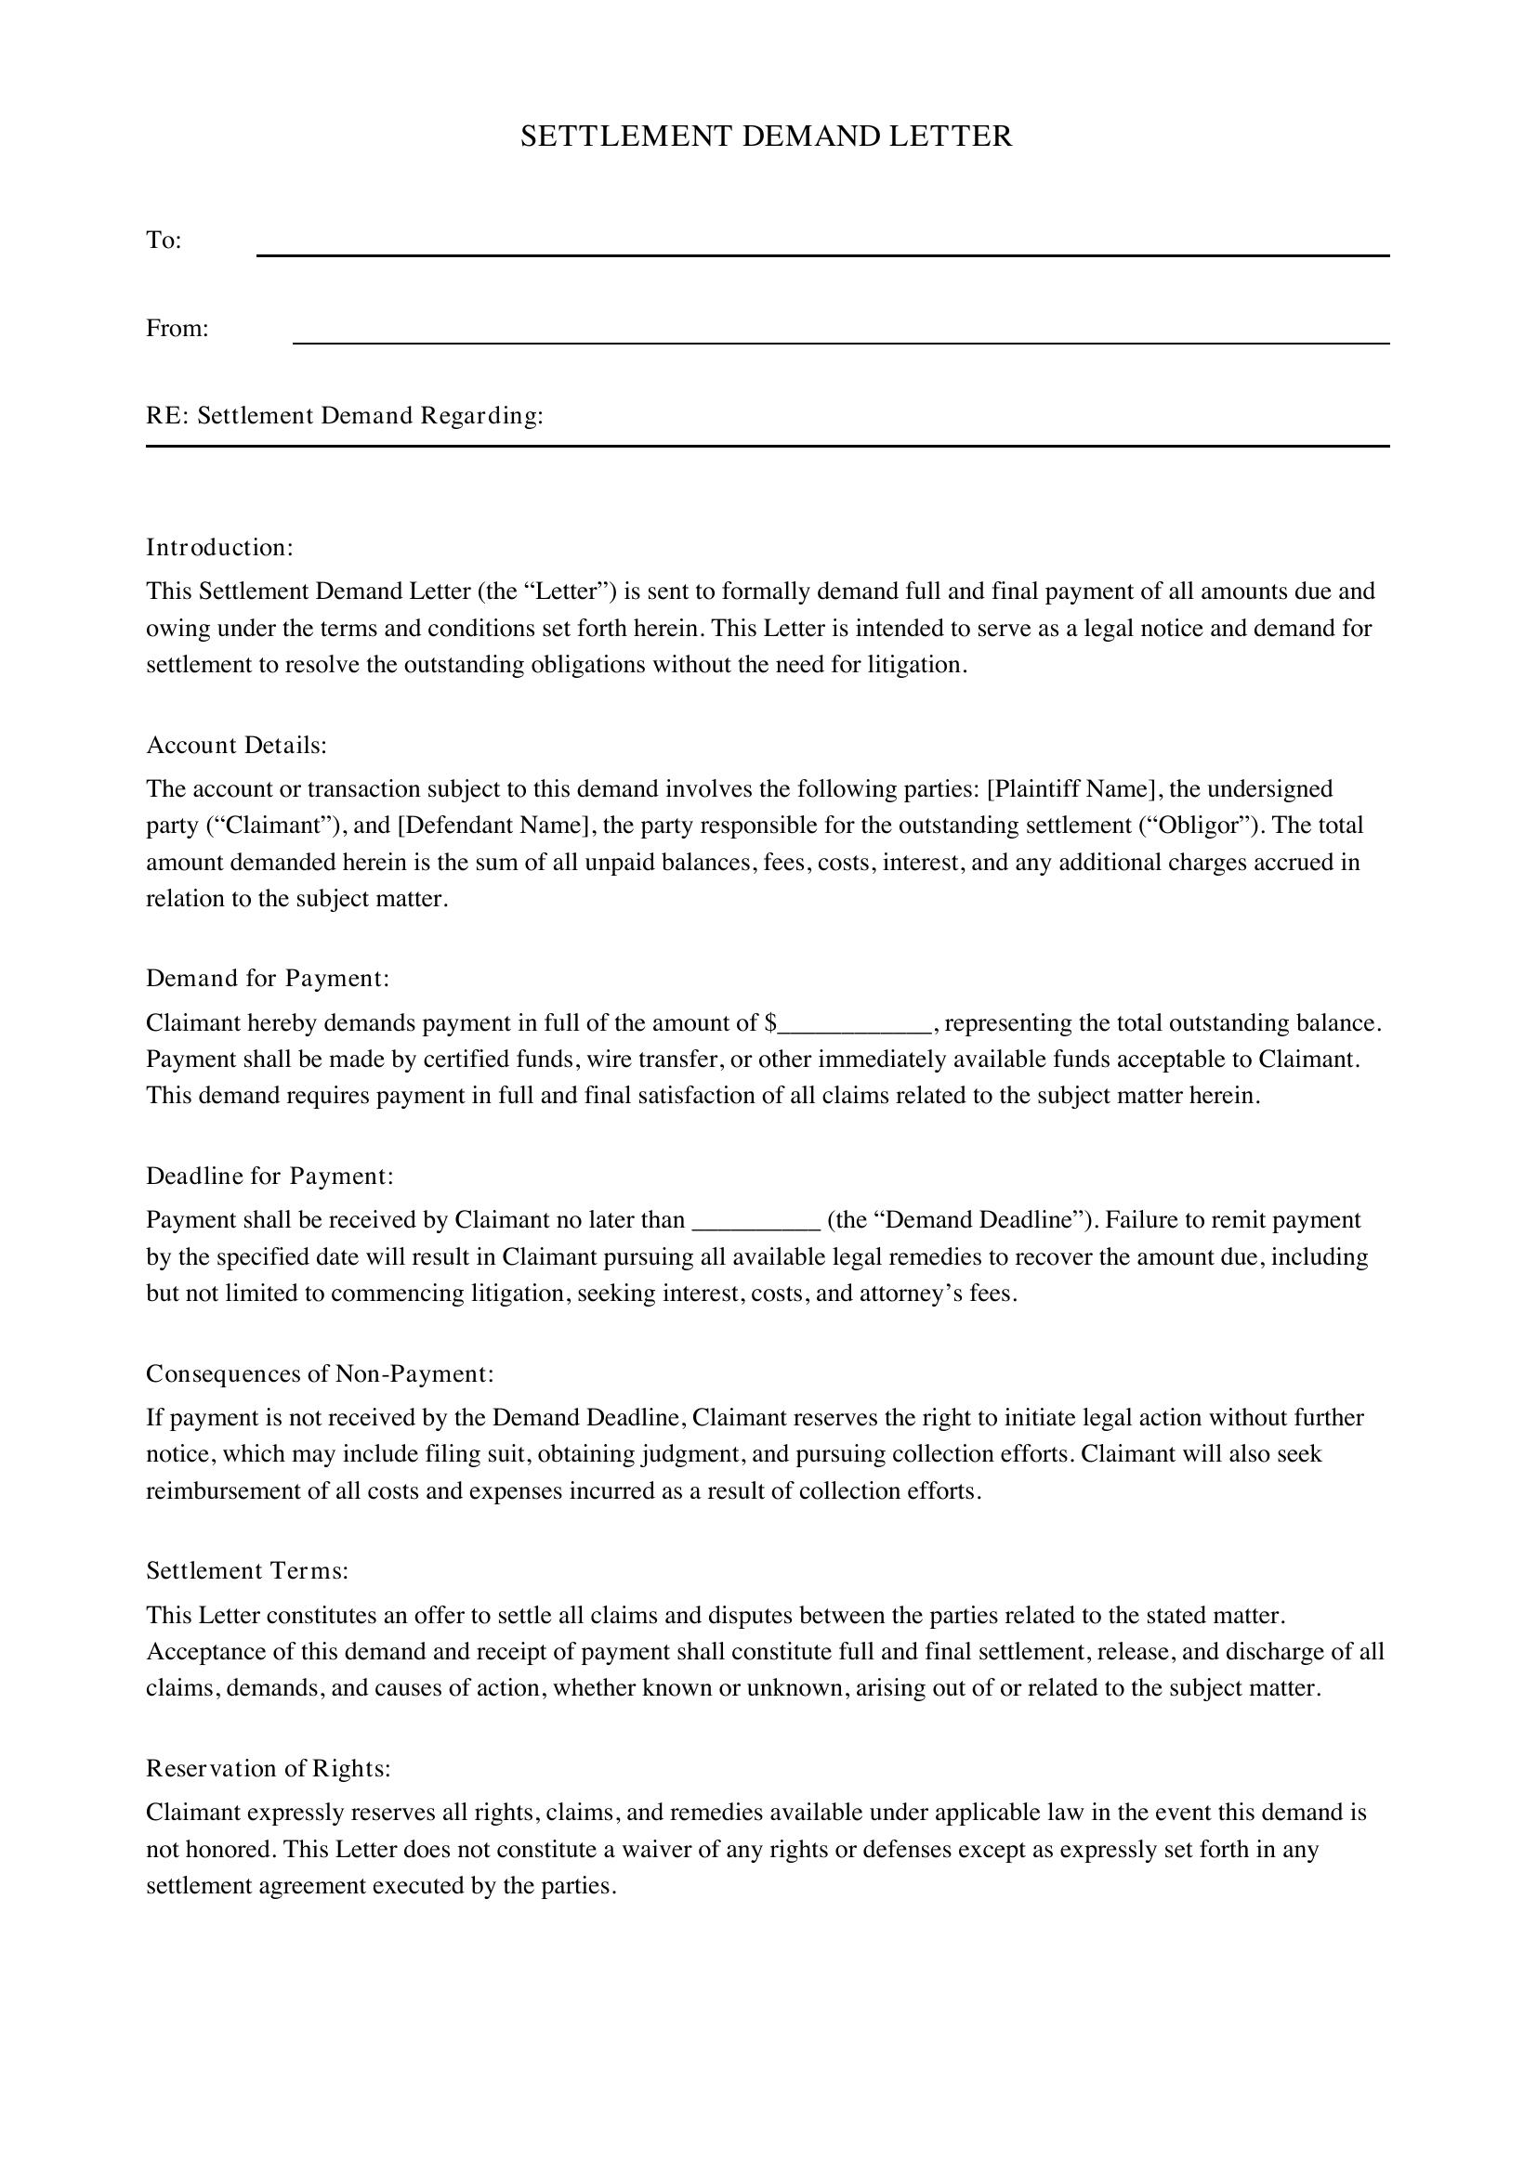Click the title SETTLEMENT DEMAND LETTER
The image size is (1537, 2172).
click(x=767, y=137)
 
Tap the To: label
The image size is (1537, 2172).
click(x=164, y=241)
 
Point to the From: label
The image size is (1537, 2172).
click(x=177, y=328)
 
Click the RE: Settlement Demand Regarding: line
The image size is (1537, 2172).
click(x=345, y=416)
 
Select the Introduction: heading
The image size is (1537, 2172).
click(x=219, y=548)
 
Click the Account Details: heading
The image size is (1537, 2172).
click(x=236, y=746)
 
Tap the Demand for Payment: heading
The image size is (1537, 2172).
click(x=268, y=978)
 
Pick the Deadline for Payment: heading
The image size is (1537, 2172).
click(x=269, y=1176)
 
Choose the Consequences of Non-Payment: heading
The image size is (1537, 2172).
click(x=320, y=1373)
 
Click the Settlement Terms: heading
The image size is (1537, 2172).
click(x=247, y=1571)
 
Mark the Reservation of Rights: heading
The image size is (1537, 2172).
click(x=268, y=1769)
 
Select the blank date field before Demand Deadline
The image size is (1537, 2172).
click(x=756, y=1222)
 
